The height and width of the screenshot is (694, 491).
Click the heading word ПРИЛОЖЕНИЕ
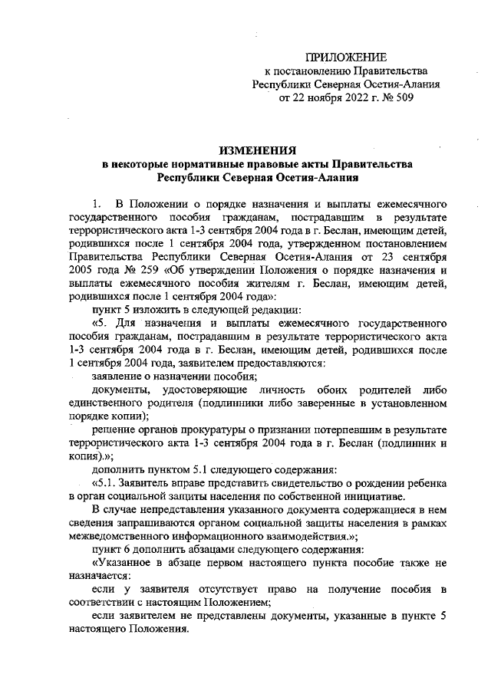click(346, 58)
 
